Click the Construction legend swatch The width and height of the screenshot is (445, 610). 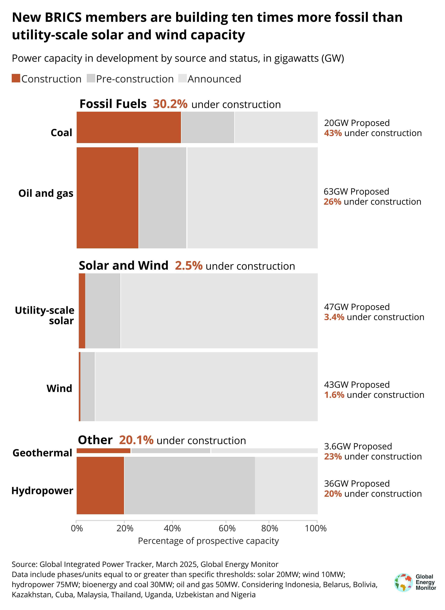tap(16, 78)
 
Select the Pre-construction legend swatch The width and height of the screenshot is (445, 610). tap(91, 78)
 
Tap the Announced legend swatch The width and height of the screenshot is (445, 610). tap(182, 78)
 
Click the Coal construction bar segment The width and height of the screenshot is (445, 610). tap(129, 127)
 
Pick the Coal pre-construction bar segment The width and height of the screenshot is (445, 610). tap(208, 127)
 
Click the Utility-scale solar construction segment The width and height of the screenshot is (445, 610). tap(82, 311)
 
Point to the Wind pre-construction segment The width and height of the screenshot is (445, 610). tap(87, 386)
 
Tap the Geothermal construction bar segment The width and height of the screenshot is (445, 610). tap(103, 451)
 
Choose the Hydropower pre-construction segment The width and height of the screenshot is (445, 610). tap(189, 485)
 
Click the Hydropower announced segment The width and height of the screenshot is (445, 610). tap(286, 485)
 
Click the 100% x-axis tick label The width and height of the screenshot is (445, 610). tap(315, 528)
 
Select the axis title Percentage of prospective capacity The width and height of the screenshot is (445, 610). tap(208, 541)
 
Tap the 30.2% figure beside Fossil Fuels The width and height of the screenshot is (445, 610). tap(170, 104)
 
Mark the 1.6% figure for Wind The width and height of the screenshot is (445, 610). tap(334, 395)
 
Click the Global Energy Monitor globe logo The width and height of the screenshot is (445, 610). tap(403, 582)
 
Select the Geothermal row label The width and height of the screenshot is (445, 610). tap(42, 453)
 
